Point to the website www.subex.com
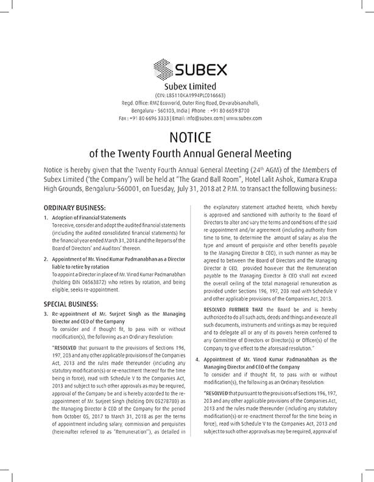click(x=245, y=118)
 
